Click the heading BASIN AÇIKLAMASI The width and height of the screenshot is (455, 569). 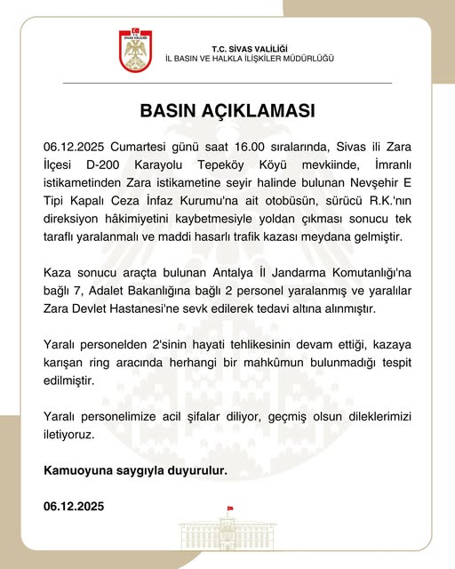tap(227, 113)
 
